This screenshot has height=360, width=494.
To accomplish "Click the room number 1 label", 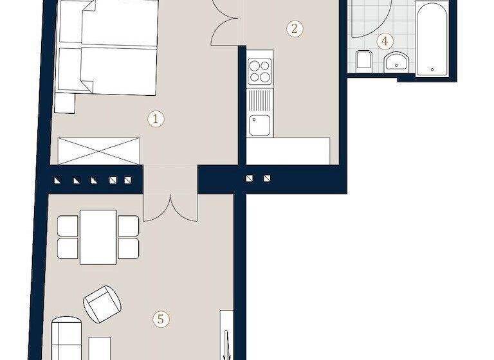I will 154,118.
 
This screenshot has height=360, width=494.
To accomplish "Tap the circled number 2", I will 294,28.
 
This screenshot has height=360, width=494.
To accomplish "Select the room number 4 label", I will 385,42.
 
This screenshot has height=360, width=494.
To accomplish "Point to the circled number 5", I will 162,318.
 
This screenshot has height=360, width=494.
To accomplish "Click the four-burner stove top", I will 261,71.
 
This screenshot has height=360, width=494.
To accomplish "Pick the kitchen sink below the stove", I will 261,124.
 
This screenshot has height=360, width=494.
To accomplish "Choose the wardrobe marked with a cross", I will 99,152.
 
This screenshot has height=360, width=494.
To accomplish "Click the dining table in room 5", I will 98,236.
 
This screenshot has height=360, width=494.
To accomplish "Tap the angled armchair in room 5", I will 102,303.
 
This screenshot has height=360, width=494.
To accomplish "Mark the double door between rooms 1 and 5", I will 169,207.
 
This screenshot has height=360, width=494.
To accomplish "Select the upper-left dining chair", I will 68,226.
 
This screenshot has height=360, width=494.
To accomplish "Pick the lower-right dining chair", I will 129,248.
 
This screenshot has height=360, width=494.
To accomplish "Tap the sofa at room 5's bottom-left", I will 66,337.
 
